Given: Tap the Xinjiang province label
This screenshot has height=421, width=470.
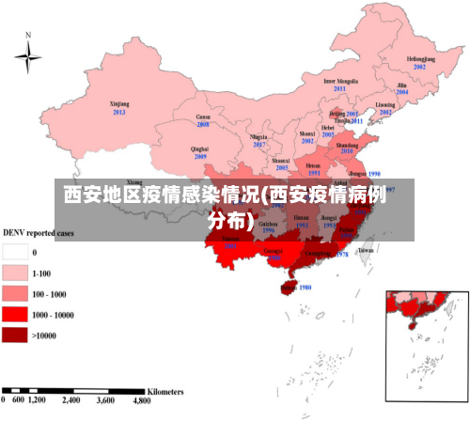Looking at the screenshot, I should pos(119,104).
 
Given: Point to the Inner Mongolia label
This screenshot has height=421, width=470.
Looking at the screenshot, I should pos(340,81).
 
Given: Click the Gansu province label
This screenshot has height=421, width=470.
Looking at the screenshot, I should pos(202,117).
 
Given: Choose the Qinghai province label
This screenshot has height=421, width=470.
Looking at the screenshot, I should pos(199,148).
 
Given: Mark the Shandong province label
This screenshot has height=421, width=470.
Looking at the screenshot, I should pos(346,146).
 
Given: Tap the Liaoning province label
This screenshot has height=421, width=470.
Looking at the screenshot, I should pos(385,104).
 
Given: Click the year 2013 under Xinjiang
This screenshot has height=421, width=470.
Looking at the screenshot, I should pos(119,113).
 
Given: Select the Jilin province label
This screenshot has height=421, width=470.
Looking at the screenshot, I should pos(401,85).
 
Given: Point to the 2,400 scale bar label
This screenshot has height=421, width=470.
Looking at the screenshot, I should pos(71,400).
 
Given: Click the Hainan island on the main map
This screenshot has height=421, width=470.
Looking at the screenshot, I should pos(285,286).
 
